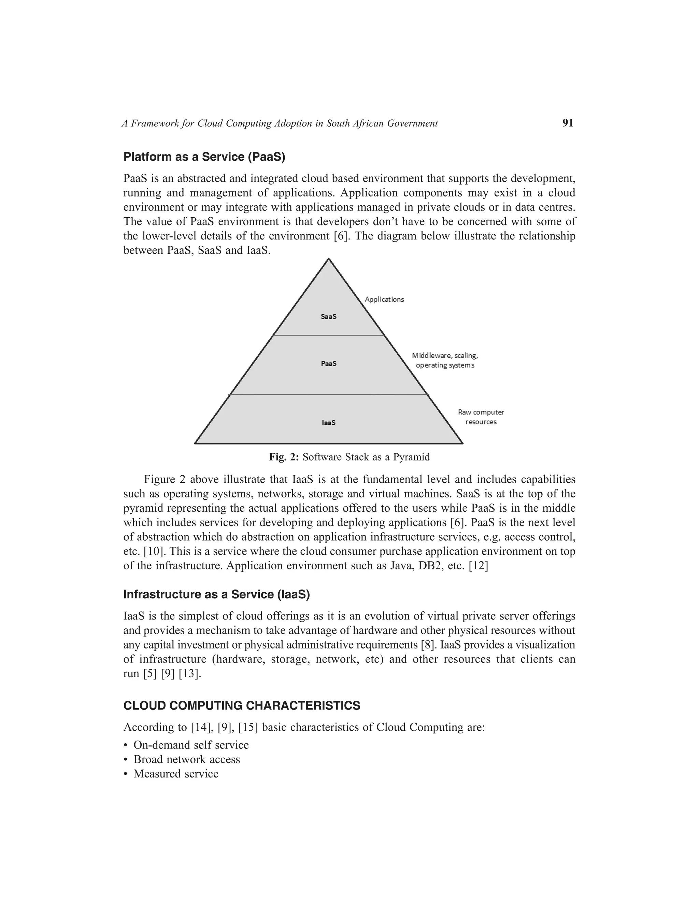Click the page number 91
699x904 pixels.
(x=568, y=123)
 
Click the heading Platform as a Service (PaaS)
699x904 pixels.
(x=204, y=157)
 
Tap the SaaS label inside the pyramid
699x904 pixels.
(x=328, y=317)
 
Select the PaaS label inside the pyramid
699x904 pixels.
(x=328, y=363)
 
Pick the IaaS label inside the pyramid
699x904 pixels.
(x=328, y=423)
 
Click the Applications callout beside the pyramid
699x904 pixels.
(x=384, y=299)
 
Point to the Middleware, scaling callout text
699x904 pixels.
(x=445, y=355)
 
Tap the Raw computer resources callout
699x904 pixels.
(x=481, y=417)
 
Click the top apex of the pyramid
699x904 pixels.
(x=328, y=259)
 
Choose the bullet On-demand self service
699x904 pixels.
(x=191, y=745)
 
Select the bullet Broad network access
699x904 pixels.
(x=186, y=760)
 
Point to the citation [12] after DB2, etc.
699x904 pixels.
(x=478, y=566)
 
